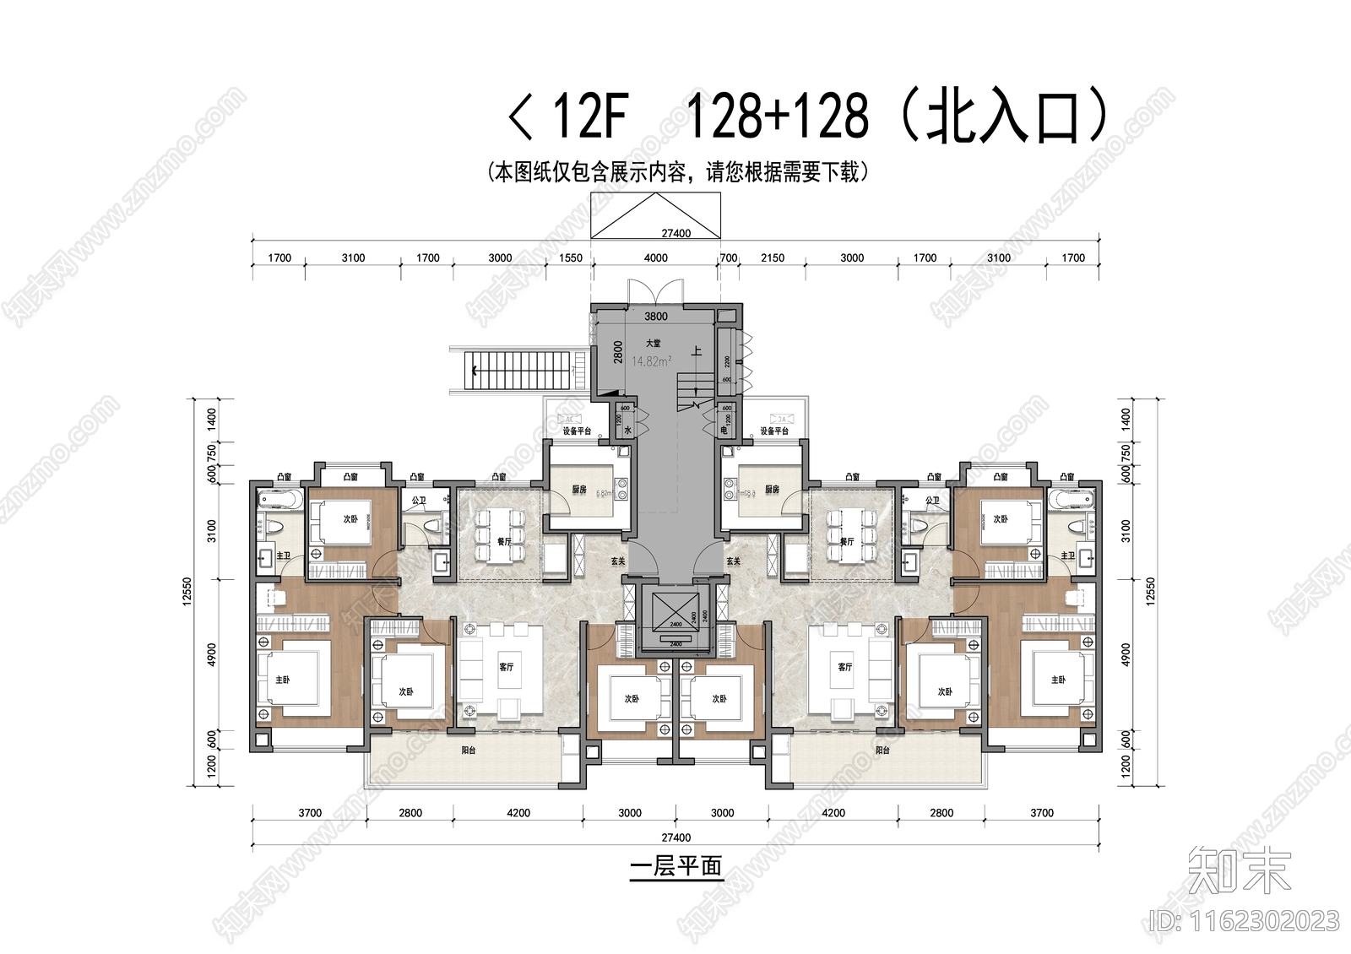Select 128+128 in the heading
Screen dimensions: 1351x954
coord(779,117)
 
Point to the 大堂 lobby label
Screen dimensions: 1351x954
coord(654,344)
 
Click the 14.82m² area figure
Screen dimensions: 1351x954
coord(652,361)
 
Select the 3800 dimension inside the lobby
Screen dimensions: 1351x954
coord(656,317)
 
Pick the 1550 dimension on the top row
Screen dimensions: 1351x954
coord(571,257)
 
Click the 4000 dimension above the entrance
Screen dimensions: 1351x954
coord(656,257)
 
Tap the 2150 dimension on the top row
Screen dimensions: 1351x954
coord(773,257)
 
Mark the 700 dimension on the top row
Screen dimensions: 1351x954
coord(728,257)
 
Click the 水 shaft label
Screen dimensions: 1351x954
coord(627,431)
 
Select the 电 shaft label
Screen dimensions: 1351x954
coord(724,431)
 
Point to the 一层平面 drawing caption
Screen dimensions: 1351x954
coord(675,868)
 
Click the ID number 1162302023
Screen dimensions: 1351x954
coord(1245,920)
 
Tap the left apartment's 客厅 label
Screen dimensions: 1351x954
coord(506,667)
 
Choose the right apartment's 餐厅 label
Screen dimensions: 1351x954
coord(847,542)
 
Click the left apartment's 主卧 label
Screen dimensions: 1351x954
coord(282,680)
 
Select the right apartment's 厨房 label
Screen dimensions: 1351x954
coord(772,490)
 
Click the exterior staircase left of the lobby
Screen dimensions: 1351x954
coord(518,369)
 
